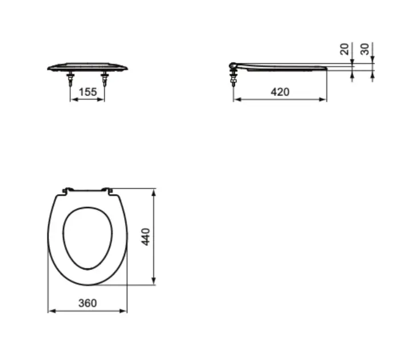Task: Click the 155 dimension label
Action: (x=87, y=92)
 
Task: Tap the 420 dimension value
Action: (x=280, y=92)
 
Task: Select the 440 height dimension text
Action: (x=146, y=237)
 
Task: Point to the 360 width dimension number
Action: (x=87, y=303)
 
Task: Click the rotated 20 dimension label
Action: (x=345, y=49)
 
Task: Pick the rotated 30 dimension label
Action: (x=365, y=49)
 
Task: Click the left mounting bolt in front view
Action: (x=70, y=79)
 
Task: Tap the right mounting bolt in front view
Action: (x=105, y=79)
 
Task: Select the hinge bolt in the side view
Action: (x=233, y=78)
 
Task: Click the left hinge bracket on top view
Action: (x=67, y=190)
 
